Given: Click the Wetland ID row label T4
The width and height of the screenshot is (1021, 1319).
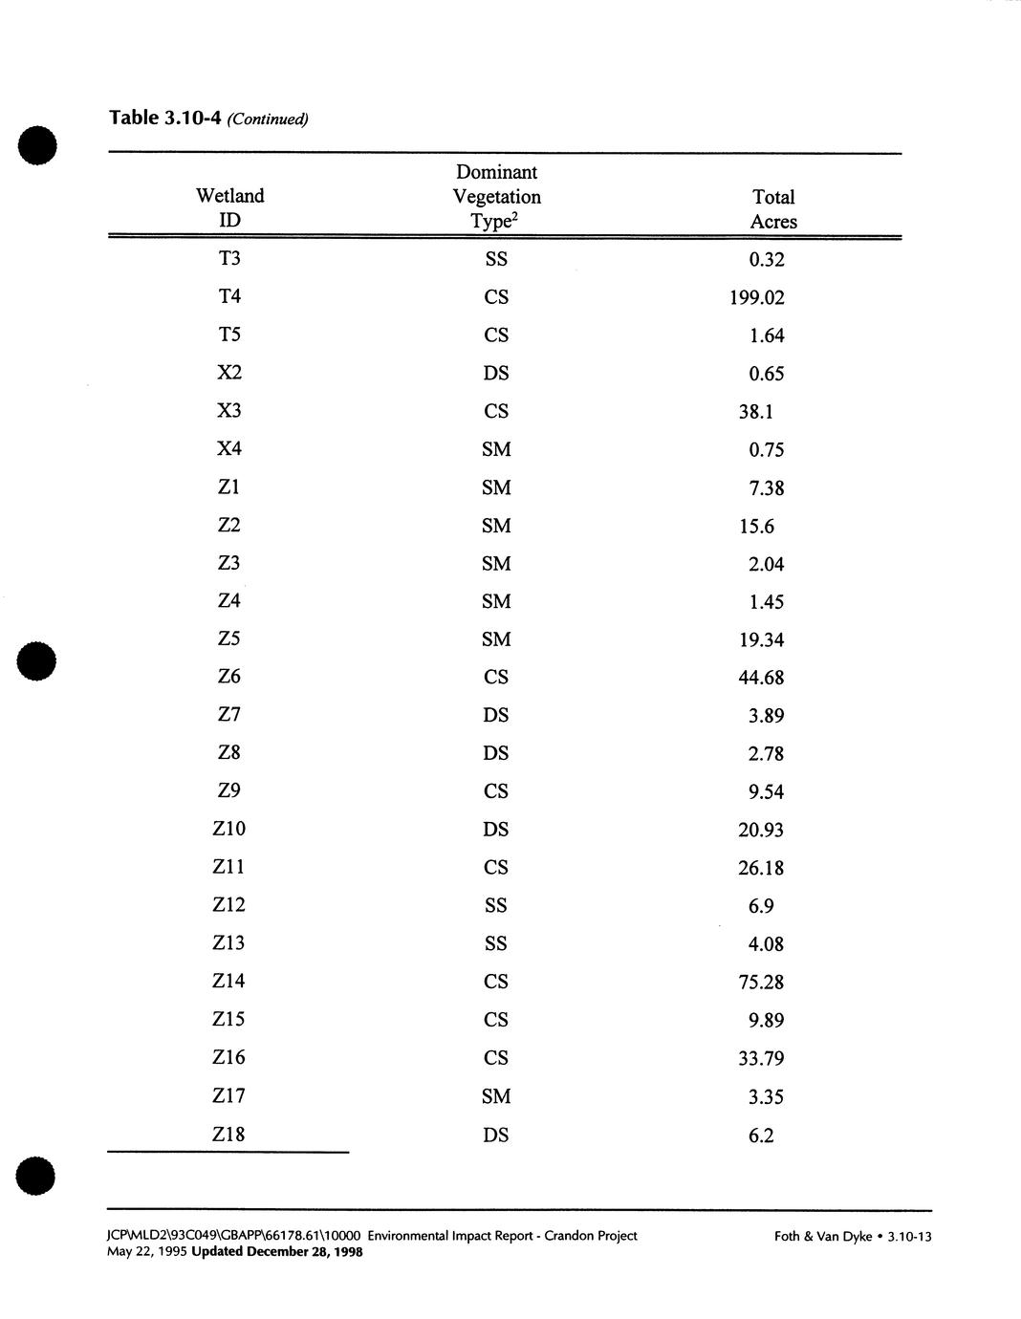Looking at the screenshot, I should click(x=229, y=296).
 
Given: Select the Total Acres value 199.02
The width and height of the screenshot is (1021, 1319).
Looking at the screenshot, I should click(x=756, y=297).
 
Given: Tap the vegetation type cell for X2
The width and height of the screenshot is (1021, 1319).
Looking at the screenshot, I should click(x=496, y=374).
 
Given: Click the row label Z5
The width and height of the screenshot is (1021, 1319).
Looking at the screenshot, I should click(x=229, y=638).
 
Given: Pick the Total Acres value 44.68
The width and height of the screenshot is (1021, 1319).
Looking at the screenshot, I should click(x=761, y=678).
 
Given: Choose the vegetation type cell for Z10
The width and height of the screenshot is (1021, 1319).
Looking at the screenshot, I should click(x=496, y=830).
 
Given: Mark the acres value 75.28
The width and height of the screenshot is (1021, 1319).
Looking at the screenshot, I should click(x=761, y=983).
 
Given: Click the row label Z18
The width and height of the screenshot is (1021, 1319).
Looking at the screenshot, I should click(x=229, y=1135).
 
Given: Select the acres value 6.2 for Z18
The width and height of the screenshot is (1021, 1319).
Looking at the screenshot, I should click(x=761, y=1135).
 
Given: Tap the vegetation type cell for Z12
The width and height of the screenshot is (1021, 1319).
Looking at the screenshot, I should click(x=496, y=905).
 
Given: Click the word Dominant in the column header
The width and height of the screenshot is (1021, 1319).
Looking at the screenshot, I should click(x=496, y=172).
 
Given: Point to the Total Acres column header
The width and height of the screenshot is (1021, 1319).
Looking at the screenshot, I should click(x=773, y=209).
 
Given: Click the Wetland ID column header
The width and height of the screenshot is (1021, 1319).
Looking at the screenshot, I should click(x=229, y=207).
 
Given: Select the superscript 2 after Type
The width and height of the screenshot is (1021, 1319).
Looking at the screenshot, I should click(x=514, y=215).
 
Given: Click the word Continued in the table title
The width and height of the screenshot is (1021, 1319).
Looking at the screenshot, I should click(x=268, y=119).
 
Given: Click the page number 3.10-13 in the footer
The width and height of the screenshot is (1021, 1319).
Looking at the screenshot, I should click(x=909, y=1237).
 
